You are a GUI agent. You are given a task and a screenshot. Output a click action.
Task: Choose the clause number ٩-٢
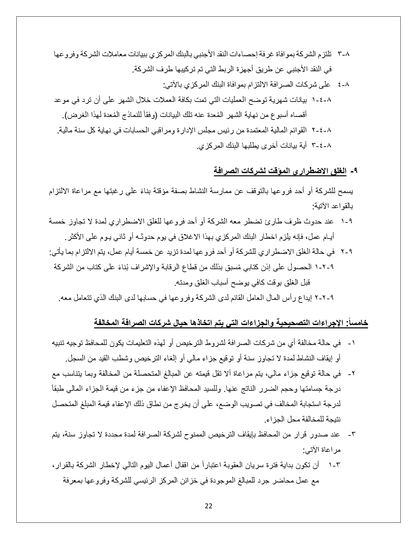[x=346, y=252]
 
